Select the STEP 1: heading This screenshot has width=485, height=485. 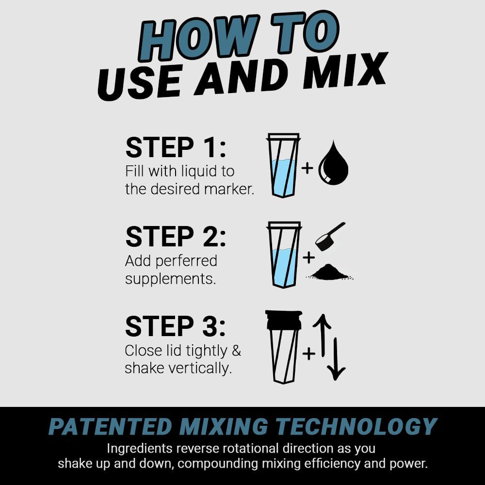pos(176,147)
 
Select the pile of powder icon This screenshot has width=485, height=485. pos(330,272)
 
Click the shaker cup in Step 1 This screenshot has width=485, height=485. pos(284,165)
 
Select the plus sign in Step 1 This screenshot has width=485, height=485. pos(307,168)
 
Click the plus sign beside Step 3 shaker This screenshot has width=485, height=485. pos(308,354)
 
